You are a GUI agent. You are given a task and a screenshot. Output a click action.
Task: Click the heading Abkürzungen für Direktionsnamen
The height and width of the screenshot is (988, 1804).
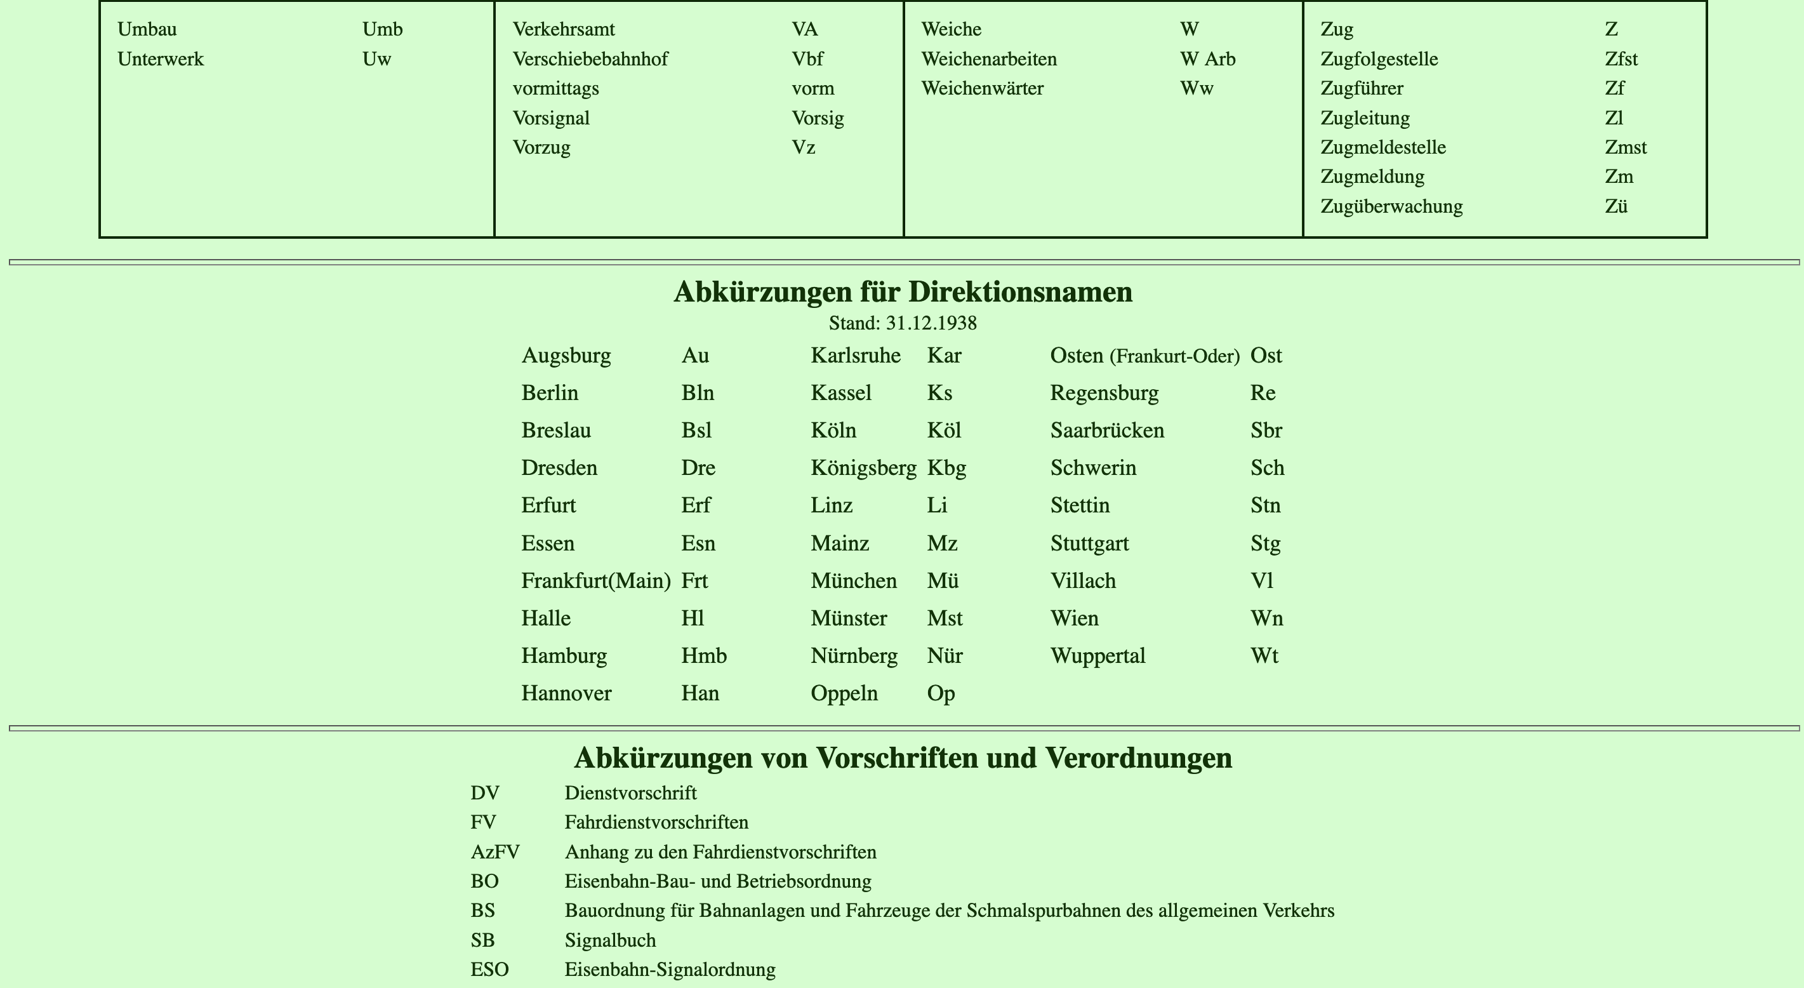click(x=902, y=292)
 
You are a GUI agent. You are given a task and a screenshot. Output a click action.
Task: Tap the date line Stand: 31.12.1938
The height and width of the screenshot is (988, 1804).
click(x=902, y=323)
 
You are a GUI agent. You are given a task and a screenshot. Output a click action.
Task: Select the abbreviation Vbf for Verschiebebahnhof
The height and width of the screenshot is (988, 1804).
click(x=807, y=59)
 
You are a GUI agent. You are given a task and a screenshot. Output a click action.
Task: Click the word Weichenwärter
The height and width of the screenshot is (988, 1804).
click(x=982, y=88)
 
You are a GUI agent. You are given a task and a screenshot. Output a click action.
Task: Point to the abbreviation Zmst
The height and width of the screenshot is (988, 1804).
click(x=1625, y=147)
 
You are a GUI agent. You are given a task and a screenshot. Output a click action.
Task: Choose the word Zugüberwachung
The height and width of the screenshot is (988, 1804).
click(x=1391, y=207)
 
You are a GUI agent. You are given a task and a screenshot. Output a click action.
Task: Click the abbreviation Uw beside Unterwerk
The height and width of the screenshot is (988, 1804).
click(x=377, y=59)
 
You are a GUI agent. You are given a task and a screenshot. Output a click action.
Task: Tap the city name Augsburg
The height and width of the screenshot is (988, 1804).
click(x=566, y=355)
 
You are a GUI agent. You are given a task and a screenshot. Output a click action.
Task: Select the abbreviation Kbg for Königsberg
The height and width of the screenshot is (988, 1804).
click(x=946, y=468)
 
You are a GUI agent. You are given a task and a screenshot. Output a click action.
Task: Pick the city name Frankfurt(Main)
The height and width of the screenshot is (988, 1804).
click(x=596, y=581)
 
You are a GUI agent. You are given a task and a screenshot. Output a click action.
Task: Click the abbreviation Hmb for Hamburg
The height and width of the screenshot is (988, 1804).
click(x=704, y=656)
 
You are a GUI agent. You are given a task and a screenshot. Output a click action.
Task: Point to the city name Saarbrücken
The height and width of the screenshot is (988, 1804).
click(x=1106, y=431)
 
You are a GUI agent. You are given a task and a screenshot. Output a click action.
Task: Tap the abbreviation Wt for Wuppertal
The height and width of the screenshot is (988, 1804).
click(x=1264, y=656)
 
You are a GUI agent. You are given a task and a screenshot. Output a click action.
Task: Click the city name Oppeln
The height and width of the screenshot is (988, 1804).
click(x=844, y=694)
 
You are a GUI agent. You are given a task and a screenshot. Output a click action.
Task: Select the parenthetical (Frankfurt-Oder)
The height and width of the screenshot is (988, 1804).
click(x=1174, y=357)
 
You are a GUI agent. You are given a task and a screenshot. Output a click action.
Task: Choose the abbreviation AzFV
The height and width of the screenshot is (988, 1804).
click(x=495, y=852)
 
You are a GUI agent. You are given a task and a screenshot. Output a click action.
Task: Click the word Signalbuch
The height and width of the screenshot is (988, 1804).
click(x=610, y=940)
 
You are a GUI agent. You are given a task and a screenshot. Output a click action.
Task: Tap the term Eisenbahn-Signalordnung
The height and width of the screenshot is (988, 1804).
click(x=670, y=970)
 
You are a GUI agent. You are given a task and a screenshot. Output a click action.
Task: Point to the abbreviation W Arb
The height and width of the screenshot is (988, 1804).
click(x=1207, y=59)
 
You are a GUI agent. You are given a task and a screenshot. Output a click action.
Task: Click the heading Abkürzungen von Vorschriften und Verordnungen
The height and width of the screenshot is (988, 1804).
click(x=902, y=758)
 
